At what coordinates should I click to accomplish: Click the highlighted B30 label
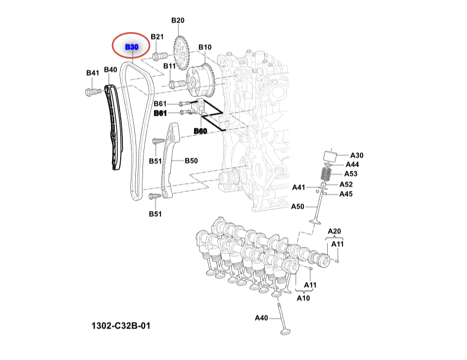[x=132, y=47]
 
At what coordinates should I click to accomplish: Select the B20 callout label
[x=178, y=21]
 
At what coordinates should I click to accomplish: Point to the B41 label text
[x=92, y=72]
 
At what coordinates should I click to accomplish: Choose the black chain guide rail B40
[x=114, y=128]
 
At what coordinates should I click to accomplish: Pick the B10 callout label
[x=204, y=47]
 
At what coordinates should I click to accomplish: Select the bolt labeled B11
[x=176, y=84]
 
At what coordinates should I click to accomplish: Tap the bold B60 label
[x=201, y=131]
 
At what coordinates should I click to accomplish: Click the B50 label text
[x=191, y=160]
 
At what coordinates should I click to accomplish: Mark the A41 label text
[x=298, y=187]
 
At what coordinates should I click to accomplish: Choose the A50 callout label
[x=297, y=206]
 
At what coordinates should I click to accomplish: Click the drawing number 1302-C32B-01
[x=120, y=326]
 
